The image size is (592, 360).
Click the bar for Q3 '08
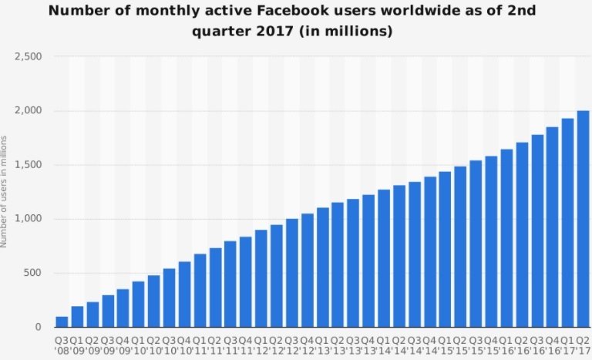(x=62, y=321)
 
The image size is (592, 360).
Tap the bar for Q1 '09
(x=77, y=317)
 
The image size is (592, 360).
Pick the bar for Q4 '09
(x=123, y=308)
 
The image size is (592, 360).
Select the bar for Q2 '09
(x=92, y=315)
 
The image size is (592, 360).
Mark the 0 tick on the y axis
(x=38, y=327)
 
